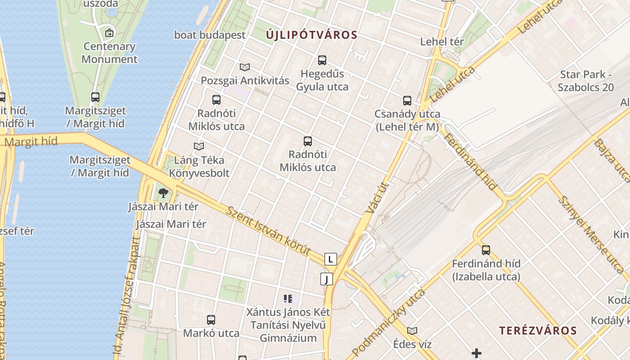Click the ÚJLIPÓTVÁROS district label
coord(311,35)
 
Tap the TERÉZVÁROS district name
coord(538,330)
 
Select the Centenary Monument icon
coord(109,33)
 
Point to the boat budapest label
coord(210,35)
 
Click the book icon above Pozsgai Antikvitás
coord(245,67)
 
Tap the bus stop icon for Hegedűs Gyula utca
coord(322,60)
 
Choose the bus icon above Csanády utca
coord(407,100)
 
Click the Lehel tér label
coord(442,42)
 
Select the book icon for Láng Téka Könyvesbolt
coord(199,146)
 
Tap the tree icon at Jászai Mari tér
coord(163,193)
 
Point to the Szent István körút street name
coord(269,231)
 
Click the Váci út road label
coord(377,197)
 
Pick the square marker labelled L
coord(331,259)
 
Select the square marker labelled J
coord(327,279)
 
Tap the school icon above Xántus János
coord(288,298)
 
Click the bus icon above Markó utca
coord(211,320)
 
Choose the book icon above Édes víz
coord(412,331)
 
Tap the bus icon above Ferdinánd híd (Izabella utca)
coord(486,250)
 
